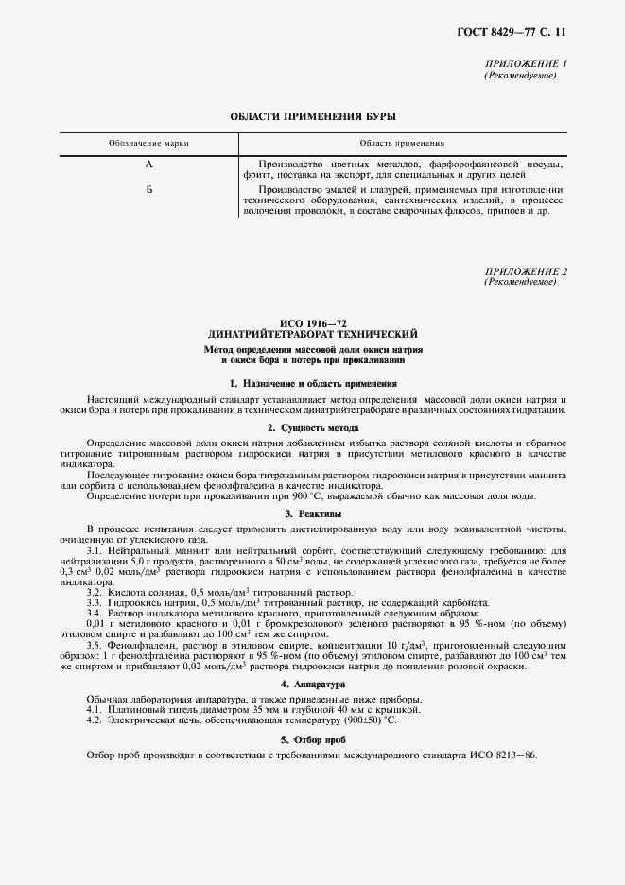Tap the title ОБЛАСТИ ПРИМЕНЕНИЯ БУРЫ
pos(313,116)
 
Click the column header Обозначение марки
pos(148,143)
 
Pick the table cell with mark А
pos(148,164)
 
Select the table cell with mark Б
pos(148,190)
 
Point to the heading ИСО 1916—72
pos(313,324)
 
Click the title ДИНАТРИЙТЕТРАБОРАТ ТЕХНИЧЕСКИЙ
pos(313,335)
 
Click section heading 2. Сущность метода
pos(313,428)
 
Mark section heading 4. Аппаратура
pos(313,683)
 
